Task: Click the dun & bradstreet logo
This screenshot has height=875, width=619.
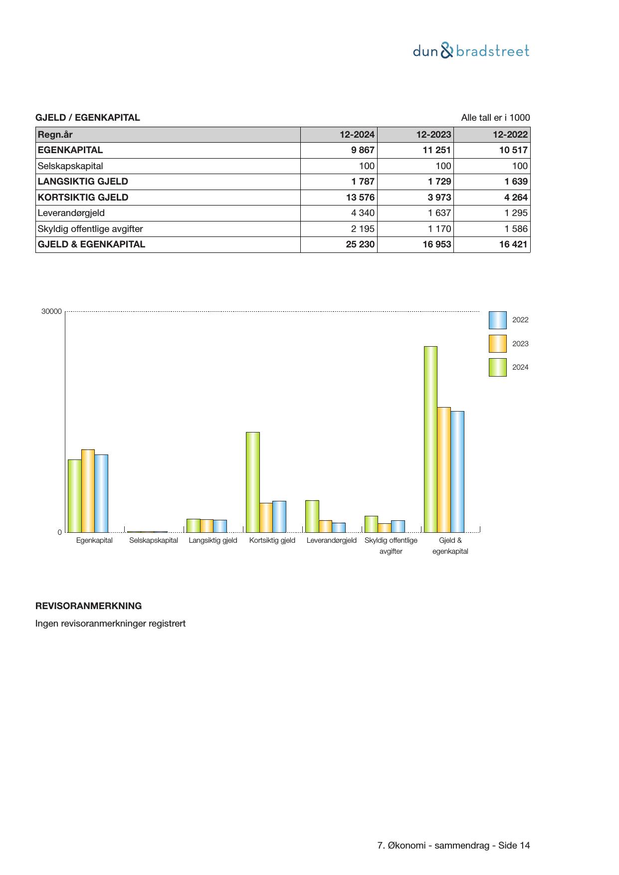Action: [x=471, y=51]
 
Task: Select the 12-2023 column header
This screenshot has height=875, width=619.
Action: [x=434, y=135]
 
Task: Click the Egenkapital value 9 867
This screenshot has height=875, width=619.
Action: [x=363, y=150]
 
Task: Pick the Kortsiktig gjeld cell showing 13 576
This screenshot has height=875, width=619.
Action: [x=360, y=198]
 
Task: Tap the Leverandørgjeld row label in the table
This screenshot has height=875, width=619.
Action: [x=71, y=213]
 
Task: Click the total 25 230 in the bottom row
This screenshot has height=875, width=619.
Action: [x=360, y=244]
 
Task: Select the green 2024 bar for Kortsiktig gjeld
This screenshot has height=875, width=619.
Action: [x=253, y=482]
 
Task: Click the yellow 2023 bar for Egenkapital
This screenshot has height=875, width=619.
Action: [x=88, y=491]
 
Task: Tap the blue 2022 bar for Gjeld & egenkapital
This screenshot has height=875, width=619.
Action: [x=457, y=471]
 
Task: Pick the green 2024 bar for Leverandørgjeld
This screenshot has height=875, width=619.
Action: [x=312, y=516]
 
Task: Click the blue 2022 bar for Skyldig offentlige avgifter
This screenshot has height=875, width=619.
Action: [x=398, y=526]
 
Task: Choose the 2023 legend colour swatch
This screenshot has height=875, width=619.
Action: [x=497, y=344]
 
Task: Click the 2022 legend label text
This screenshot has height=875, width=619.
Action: [x=520, y=320]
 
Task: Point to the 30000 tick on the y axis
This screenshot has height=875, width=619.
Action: [x=51, y=312]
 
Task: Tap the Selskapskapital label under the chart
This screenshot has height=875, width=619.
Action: [x=154, y=540]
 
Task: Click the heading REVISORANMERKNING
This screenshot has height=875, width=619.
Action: [x=88, y=606]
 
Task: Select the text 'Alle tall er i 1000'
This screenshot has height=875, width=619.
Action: [x=495, y=118]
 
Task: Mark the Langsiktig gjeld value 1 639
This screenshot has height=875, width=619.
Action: [x=515, y=182]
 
